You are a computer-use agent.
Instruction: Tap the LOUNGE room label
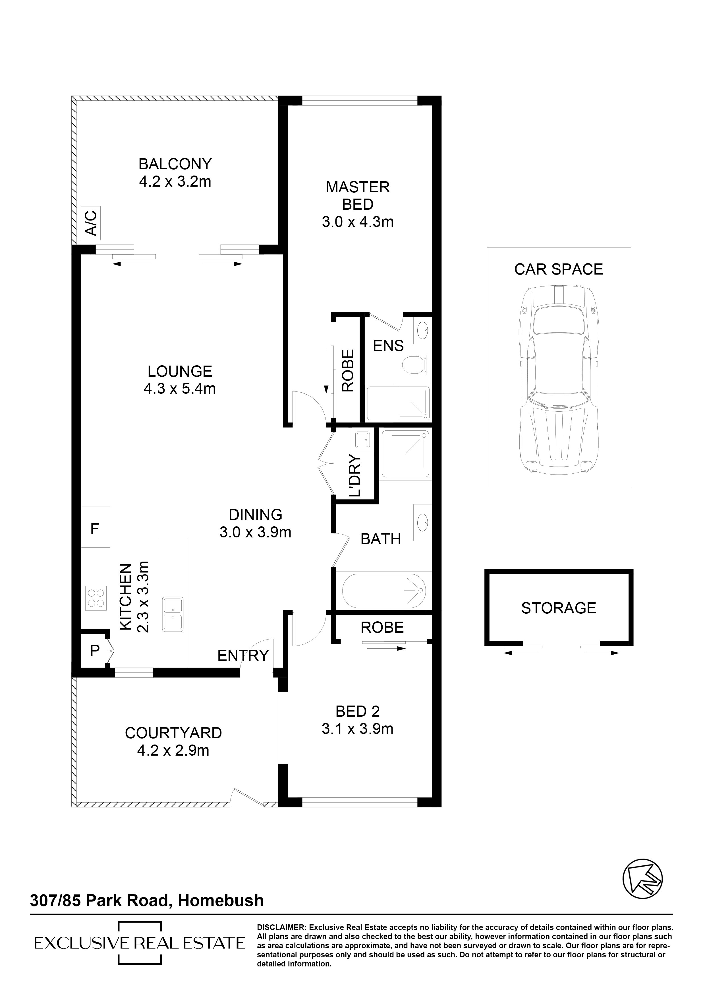tap(180, 371)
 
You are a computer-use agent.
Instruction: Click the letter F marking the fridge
tap(95, 529)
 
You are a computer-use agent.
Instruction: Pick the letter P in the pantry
tap(95, 650)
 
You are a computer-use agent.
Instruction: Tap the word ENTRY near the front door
tap(243, 655)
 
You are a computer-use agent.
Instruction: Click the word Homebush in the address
tap(221, 900)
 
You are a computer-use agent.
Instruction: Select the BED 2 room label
tap(358, 711)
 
